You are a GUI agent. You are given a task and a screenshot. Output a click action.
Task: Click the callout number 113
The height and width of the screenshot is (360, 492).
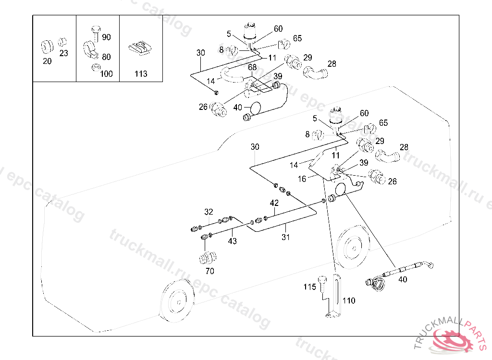(x=141, y=74)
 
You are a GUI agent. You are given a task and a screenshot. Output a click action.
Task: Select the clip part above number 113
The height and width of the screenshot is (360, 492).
(x=141, y=48)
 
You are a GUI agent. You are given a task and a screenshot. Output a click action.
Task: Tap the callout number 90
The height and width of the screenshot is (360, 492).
(x=106, y=37)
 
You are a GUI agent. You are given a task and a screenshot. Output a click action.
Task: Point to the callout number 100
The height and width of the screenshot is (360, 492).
(x=106, y=74)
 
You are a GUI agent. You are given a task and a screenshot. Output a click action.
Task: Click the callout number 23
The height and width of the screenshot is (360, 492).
(x=64, y=54)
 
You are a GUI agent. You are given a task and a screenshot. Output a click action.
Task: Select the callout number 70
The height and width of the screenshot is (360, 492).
(x=210, y=271)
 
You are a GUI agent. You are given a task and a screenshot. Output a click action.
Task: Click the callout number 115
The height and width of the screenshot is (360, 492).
(x=309, y=287)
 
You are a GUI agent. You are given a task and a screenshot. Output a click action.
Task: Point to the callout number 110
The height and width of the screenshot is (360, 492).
(x=349, y=300)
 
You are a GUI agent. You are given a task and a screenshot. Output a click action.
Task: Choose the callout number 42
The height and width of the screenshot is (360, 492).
(x=274, y=203)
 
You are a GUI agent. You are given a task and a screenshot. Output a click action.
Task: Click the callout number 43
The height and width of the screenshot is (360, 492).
(x=233, y=241)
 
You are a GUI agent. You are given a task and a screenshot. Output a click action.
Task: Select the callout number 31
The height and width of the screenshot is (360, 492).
(x=286, y=237)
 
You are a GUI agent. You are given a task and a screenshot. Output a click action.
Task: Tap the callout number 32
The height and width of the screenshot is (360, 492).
(x=208, y=212)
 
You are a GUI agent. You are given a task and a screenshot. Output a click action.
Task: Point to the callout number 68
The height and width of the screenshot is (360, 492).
(x=252, y=67)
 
